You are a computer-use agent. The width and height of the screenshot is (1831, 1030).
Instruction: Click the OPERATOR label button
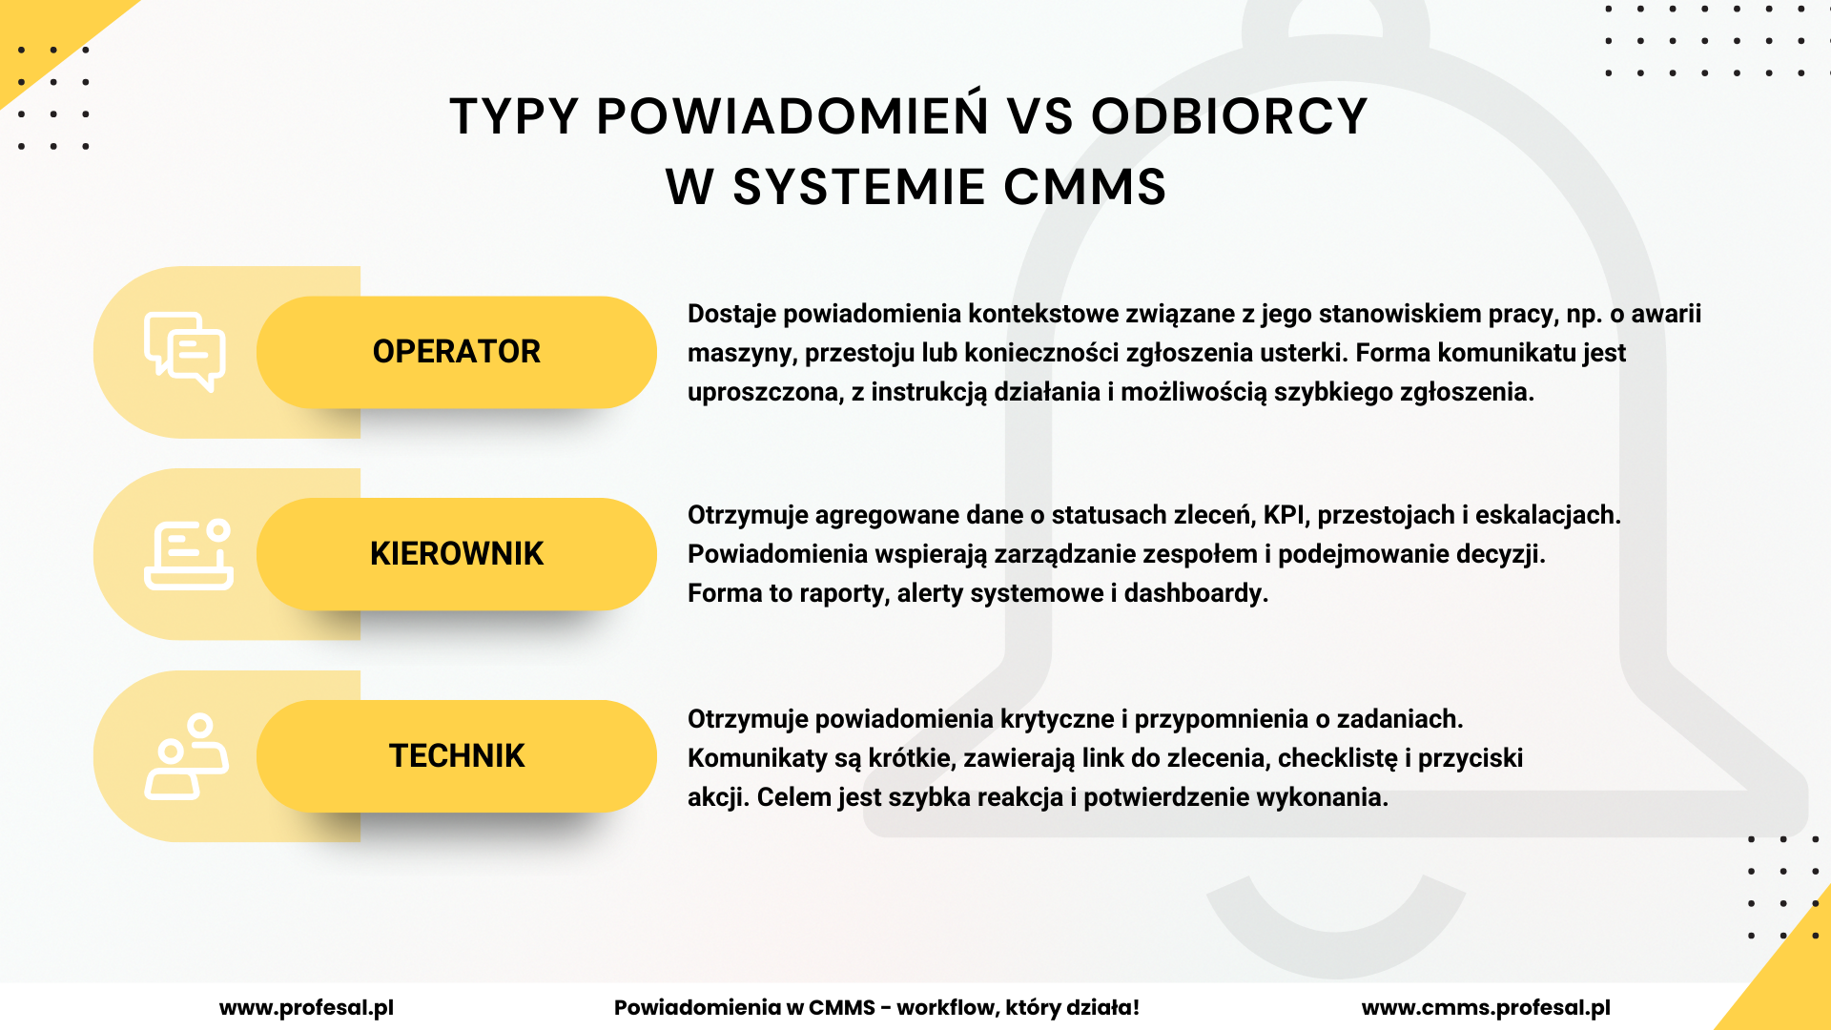[x=457, y=352]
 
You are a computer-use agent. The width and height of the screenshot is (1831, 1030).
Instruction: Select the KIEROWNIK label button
[x=457, y=554]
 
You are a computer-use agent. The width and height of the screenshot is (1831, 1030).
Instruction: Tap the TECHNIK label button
[x=457, y=756]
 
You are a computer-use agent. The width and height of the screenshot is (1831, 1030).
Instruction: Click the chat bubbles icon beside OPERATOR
[x=185, y=352]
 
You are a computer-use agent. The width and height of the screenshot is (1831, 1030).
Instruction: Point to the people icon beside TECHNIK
[x=186, y=756]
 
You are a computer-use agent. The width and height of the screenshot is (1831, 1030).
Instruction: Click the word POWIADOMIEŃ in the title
[x=792, y=116]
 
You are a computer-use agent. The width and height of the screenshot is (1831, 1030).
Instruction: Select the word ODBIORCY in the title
[x=1229, y=116]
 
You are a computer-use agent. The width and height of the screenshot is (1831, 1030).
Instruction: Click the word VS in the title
[x=1040, y=116]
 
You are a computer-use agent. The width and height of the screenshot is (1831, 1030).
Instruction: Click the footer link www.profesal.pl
[x=306, y=1008]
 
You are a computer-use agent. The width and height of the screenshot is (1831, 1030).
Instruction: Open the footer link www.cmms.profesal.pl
[x=1486, y=1008]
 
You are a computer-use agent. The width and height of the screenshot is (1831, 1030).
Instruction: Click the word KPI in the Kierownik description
[x=1284, y=515]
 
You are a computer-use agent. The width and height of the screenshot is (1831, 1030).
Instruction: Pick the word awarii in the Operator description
[x=1666, y=314]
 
